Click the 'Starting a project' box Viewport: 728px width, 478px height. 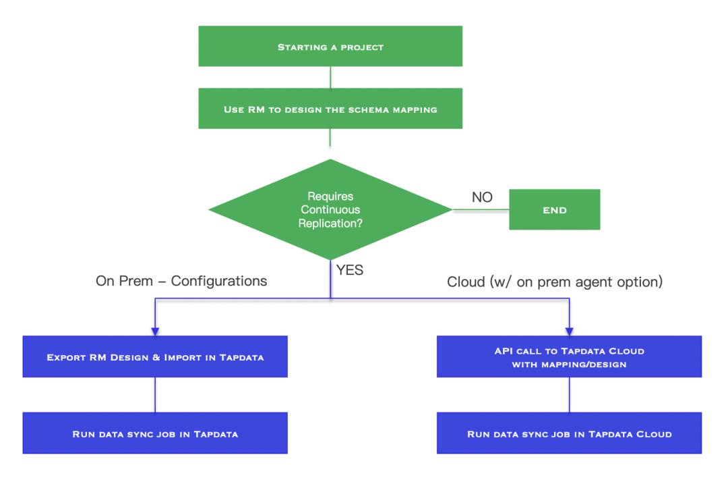[330, 46]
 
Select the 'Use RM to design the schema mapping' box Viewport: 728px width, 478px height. [330, 108]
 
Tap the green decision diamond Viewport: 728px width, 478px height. [330, 209]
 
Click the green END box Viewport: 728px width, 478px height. [554, 209]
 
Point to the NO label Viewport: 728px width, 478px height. [482, 197]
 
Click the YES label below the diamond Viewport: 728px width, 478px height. [350, 270]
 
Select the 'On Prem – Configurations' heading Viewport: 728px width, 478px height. [181, 281]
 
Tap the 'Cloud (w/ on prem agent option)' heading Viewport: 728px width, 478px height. [555, 282]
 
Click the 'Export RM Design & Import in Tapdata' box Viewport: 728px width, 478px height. [155, 356]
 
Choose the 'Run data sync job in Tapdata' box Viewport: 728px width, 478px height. [155, 433]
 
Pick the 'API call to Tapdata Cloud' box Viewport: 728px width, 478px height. [569, 356]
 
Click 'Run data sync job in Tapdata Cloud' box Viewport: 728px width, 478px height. [569, 433]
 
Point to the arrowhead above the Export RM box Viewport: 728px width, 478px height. [155, 331]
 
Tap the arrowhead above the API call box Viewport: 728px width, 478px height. [570, 331]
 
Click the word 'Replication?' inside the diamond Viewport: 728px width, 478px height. [330, 223]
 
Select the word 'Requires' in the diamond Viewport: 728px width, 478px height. [330, 196]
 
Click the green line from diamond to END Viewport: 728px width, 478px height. [480, 209]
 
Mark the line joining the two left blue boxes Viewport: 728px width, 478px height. [155, 394]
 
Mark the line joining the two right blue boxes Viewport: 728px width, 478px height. [570, 394]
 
